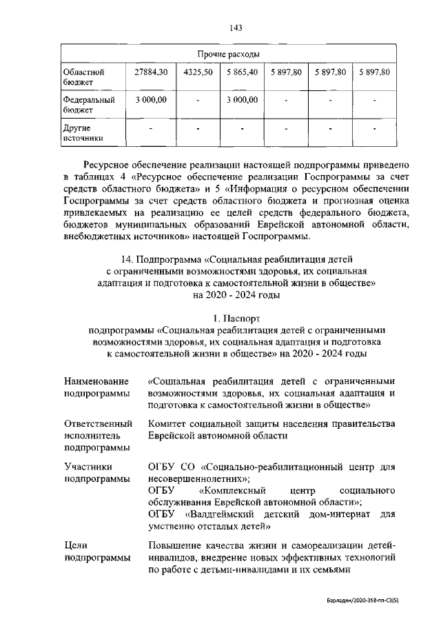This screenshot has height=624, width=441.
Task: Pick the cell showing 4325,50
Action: point(198,72)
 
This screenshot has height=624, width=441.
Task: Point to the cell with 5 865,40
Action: point(241,72)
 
